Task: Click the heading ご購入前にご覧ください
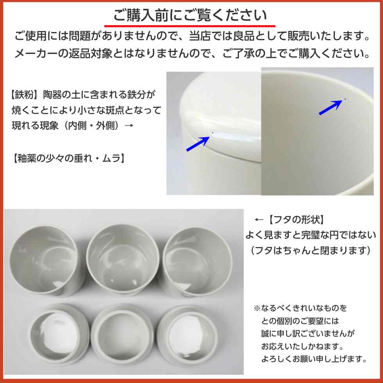[190, 15]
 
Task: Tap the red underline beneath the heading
[190, 26]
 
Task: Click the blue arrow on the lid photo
[198, 144]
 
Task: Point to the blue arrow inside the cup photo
[331, 107]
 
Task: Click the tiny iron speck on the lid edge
[213, 133]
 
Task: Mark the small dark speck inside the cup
[345, 99]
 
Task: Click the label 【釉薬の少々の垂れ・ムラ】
[68, 158]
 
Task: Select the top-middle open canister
[122, 259]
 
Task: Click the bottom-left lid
[59, 334]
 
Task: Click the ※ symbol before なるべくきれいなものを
[257, 308]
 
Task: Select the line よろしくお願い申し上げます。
[314, 359]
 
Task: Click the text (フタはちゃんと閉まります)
[310, 251]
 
